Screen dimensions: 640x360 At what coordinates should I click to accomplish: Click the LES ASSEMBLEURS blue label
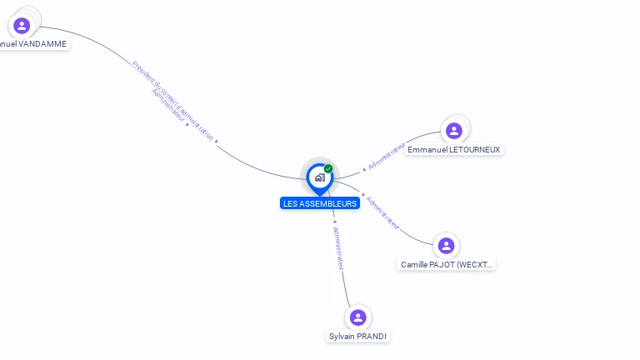tap(320, 203)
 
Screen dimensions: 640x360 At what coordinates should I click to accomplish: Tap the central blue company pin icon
tap(319, 177)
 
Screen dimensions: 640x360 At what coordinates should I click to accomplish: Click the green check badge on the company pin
tap(328, 168)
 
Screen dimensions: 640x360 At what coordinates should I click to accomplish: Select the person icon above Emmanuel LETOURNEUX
tap(454, 130)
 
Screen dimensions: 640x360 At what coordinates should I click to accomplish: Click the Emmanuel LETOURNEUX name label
tap(454, 149)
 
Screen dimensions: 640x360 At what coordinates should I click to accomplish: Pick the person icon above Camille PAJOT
tap(446, 245)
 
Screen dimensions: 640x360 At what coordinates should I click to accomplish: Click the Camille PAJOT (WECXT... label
tap(446, 264)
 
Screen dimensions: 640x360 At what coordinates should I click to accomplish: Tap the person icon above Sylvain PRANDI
tap(358, 317)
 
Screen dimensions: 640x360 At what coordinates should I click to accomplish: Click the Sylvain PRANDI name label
tap(358, 337)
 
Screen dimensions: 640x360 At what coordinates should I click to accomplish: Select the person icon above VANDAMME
tap(22, 25)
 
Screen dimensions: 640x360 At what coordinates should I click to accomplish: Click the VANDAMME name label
tap(33, 43)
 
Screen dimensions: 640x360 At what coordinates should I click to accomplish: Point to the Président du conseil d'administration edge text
tap(173, 99)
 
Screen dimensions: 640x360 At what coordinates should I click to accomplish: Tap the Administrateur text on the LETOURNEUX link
tap(387, 157)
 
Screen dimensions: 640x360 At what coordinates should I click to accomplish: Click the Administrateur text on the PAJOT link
tap(382, 212)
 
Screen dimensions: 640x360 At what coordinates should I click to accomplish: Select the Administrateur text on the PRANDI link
tap(337, 247)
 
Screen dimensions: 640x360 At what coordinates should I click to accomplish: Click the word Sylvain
tap(342, 337)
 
